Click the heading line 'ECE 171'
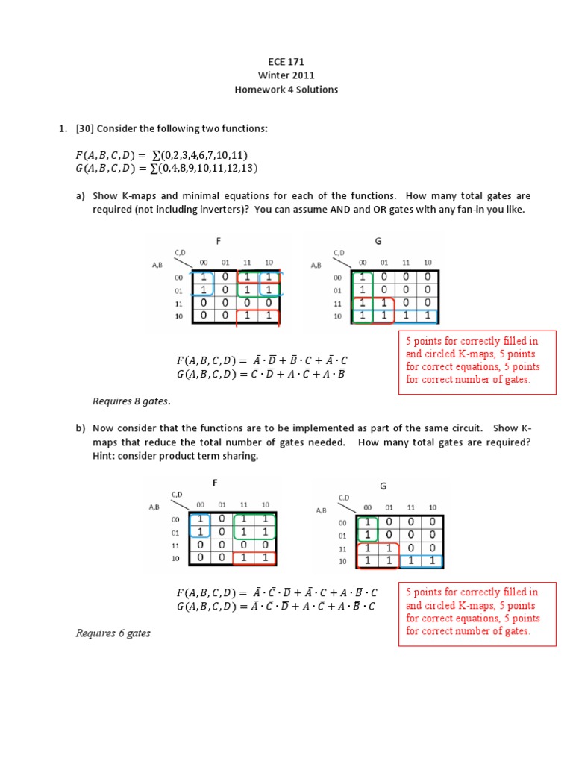tap(286, 63)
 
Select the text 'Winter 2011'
tap(286, 76)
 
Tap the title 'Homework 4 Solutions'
tap(286, 90)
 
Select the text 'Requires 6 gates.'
tap(113, 633)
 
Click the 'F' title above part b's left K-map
tap(215, 483)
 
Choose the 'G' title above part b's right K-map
tap(383, 486)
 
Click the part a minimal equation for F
tap(262, 361)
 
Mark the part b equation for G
tap(277, 607)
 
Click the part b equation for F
tap(277, 593)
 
